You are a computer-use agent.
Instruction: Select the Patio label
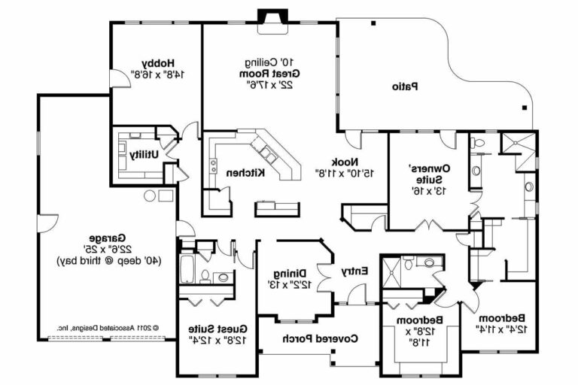pyautogui.click(x=404, y=86)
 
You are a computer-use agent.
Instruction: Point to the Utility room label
pyautogui.click(x=144, y=154)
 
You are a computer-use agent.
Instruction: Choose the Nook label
pyautogui.click(x=346, y=162)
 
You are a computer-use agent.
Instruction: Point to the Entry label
pyautogui.click(x=354, y=271)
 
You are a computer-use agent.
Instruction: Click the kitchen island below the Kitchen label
pyautogui.click(x=273, y=206)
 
